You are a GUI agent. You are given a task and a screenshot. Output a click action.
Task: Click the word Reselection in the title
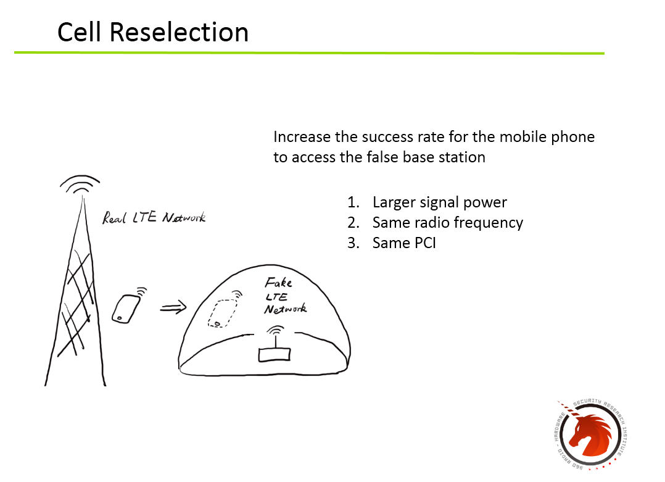click(x=179, y=32)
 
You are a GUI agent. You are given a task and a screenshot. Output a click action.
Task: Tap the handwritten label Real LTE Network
click(x=154, y=218)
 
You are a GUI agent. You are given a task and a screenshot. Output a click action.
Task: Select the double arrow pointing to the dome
click(x=173, y=307)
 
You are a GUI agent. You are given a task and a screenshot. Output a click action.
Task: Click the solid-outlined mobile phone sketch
click(x=126, y=309)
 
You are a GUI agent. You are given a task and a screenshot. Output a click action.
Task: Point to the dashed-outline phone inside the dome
click(x=222, y=314)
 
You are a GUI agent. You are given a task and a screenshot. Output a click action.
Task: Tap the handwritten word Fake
click(x=279, y=283)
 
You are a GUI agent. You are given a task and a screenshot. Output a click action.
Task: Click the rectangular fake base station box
click(x=275, y=355)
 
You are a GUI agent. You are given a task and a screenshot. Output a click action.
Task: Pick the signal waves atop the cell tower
click(x=80, y=185)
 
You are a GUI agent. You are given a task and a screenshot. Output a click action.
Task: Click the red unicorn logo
click(x=591, y=434)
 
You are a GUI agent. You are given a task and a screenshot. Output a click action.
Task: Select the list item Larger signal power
click(x=439, y=202)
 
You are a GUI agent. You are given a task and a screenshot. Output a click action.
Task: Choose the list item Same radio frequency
click(x=448, y=223)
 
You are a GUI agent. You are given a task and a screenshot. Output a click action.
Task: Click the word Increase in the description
click(x=302, y=137)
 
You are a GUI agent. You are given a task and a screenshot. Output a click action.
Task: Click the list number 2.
click(x=353, y=223)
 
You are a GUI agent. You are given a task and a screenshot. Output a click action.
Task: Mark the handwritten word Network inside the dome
click(x=286, y=309)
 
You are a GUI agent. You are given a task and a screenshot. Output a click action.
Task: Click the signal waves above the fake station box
click(x=276, y=330)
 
